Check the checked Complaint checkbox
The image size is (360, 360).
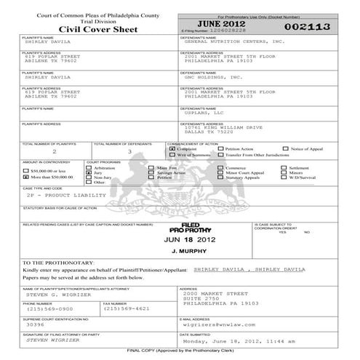[172, 149]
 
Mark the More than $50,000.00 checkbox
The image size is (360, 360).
[27, 177]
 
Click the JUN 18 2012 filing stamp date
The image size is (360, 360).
[180, 239]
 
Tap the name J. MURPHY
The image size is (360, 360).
[180, 251]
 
